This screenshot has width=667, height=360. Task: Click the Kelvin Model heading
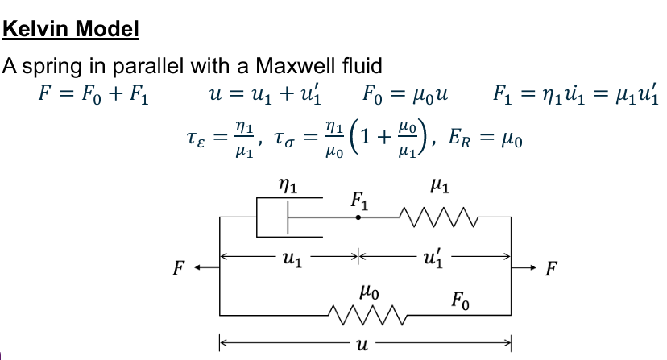[x=71, y=30]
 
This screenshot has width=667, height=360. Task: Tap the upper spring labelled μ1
[x=440, y=217]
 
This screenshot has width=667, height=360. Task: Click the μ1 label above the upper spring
[x=440, y=187]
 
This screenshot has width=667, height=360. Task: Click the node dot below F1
[x=359, y=217]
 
